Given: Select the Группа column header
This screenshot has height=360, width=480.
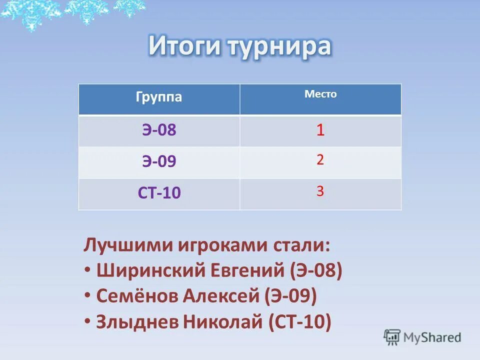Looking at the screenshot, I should [158, 97].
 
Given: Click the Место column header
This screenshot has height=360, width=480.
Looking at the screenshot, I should [320, 94].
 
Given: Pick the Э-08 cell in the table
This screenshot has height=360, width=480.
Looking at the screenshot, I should [158, 130].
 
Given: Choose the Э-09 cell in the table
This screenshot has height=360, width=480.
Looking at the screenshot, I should [158, 161].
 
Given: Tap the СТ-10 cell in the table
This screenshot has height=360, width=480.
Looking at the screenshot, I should [158, 192].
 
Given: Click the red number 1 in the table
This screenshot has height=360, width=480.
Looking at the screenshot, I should [320, 131].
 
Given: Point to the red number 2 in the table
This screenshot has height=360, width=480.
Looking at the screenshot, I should [320, 160].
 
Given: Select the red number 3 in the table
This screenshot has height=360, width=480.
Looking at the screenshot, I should [320, 191].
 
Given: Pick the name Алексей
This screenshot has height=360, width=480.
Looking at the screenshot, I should [221, 296].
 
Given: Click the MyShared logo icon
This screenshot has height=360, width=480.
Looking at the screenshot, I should [392, 337].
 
